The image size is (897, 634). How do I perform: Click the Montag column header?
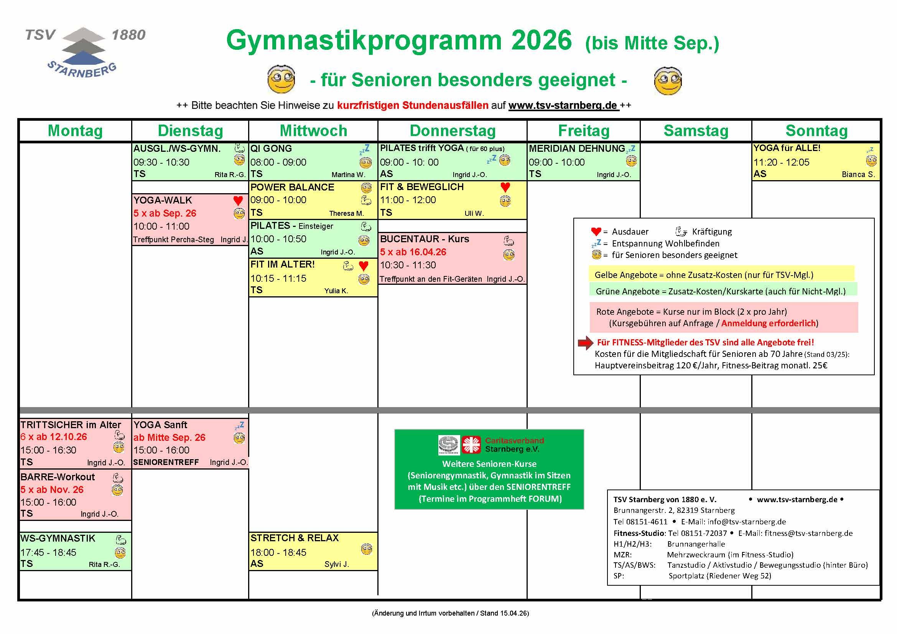tap(75, 131)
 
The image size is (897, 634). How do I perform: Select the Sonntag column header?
tap(816, 131)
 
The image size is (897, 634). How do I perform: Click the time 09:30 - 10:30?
tap(161, 162)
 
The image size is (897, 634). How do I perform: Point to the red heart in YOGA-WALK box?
tap(238, 200)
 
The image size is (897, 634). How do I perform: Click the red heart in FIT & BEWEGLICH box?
tap(505, 187)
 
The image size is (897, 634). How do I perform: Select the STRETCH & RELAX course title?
tap(295, 538)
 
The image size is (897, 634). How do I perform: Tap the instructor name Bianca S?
tap(858, 174)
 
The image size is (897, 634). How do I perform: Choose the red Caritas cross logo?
tap(471, 445)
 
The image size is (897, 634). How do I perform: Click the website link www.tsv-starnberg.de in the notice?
tap(563, 105)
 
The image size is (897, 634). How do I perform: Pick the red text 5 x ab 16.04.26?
tap(413, 252)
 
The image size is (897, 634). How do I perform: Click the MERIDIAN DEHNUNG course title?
tap(577, 149)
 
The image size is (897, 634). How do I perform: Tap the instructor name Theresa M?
tap(346, 214)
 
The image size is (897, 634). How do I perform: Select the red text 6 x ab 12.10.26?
tap(54, 437)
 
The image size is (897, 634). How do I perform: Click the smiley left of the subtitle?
tap(281, 79)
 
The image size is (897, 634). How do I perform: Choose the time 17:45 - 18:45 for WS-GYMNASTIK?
tap(48, 552)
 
